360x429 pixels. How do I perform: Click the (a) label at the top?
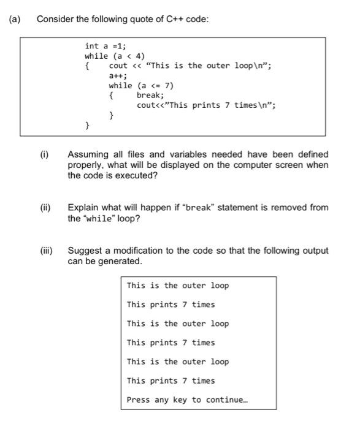coord(14,19)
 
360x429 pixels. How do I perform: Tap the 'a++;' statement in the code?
coord(118,75)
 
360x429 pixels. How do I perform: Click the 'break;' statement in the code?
coord(150,95)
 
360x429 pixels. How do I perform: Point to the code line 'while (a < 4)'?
coord(115,56)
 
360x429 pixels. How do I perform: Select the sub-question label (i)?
coord(45,154)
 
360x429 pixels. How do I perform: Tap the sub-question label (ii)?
coord(46,207)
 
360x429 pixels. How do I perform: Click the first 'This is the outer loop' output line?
coord(178,286)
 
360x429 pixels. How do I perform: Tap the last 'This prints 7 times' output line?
coord(171,381)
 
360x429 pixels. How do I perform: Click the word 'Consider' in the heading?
coord(55,19)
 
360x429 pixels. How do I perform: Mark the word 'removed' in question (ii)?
coord(290,207)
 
